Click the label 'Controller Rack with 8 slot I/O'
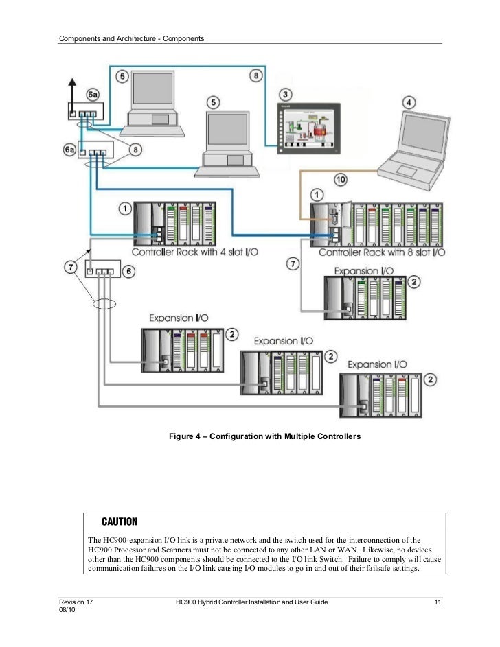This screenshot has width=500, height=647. point(383,252)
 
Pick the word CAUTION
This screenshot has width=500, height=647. point(120,521)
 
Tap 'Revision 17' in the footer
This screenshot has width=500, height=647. point(76,602)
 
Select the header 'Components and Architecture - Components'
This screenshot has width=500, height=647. point(131,37)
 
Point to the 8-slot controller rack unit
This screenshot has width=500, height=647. point(375,222)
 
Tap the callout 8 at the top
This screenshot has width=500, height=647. point(255,75)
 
